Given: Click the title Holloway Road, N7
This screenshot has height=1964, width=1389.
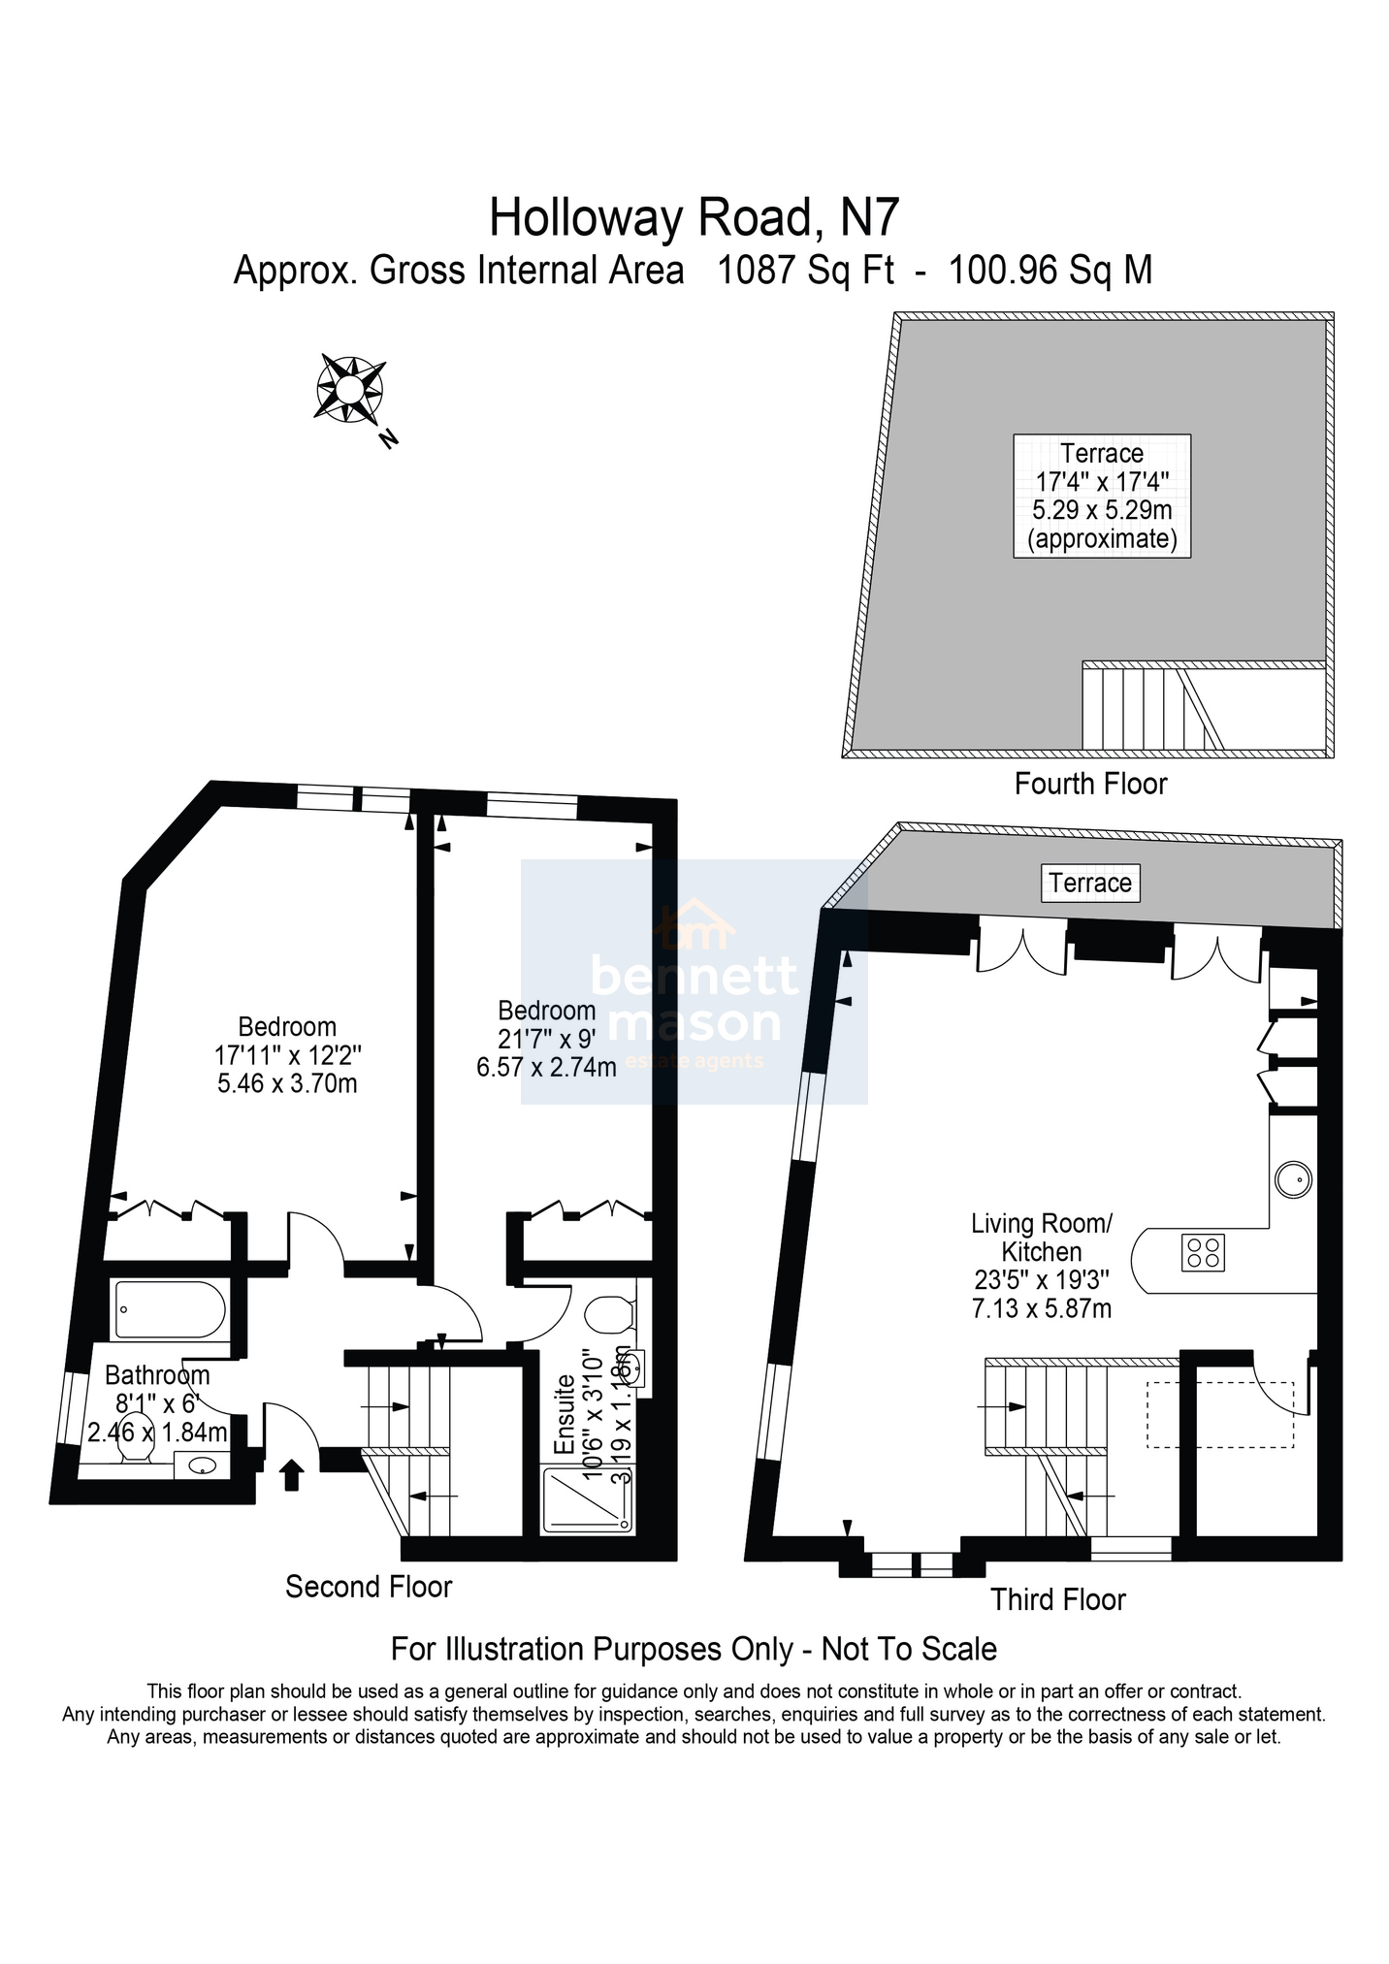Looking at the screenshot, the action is pos(694,217).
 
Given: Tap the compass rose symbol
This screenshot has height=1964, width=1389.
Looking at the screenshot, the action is pos(350,390).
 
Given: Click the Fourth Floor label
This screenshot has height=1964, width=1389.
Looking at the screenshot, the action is pos(1090,784).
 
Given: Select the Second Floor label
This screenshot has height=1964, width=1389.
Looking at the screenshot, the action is pos(369,1587).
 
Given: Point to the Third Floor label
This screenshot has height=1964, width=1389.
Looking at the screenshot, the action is pos(1057,1599).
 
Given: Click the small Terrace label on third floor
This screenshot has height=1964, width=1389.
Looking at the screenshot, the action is pos(1090,883).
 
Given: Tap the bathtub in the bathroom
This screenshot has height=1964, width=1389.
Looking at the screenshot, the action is pos(171,1310).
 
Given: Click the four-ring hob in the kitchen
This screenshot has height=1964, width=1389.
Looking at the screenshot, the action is pos(1203,1252).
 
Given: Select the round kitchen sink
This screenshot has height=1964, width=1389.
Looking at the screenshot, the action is pos(1293,1180).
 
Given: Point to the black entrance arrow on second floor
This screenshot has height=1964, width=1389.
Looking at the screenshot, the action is pos(291,1475).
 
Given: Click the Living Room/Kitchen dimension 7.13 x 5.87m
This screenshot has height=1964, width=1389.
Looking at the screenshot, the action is pos(1041,1309).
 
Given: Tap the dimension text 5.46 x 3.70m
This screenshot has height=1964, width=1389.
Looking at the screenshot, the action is pos(287,1083).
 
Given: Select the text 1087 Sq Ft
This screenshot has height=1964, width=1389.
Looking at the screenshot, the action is pos(805,270).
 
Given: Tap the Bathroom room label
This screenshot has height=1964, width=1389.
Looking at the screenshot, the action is pos(157,1375).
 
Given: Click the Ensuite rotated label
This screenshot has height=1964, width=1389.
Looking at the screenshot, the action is pos(565,1418).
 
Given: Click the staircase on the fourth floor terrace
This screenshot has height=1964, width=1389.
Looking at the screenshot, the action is pos(1152,706).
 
